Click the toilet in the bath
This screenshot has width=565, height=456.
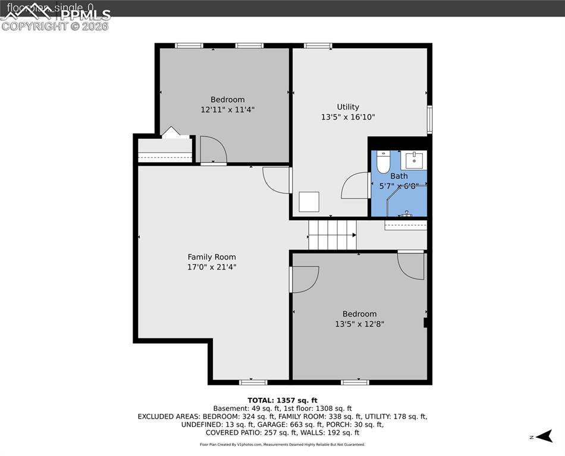384,162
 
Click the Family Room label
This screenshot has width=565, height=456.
212,257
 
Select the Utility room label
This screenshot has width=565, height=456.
348,107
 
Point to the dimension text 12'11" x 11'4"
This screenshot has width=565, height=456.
227,110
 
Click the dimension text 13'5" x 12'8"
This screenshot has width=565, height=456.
359,324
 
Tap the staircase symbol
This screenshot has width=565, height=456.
332,235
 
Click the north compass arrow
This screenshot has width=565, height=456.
542,437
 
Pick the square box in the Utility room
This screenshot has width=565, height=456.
309,202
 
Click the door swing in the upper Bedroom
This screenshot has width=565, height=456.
212,150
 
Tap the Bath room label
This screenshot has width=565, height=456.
399,176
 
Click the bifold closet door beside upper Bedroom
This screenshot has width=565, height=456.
171,132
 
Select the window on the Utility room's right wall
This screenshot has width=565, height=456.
429,120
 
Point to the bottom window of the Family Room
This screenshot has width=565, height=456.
249,382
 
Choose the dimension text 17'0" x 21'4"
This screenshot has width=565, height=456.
212,267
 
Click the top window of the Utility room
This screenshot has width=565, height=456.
318,45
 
